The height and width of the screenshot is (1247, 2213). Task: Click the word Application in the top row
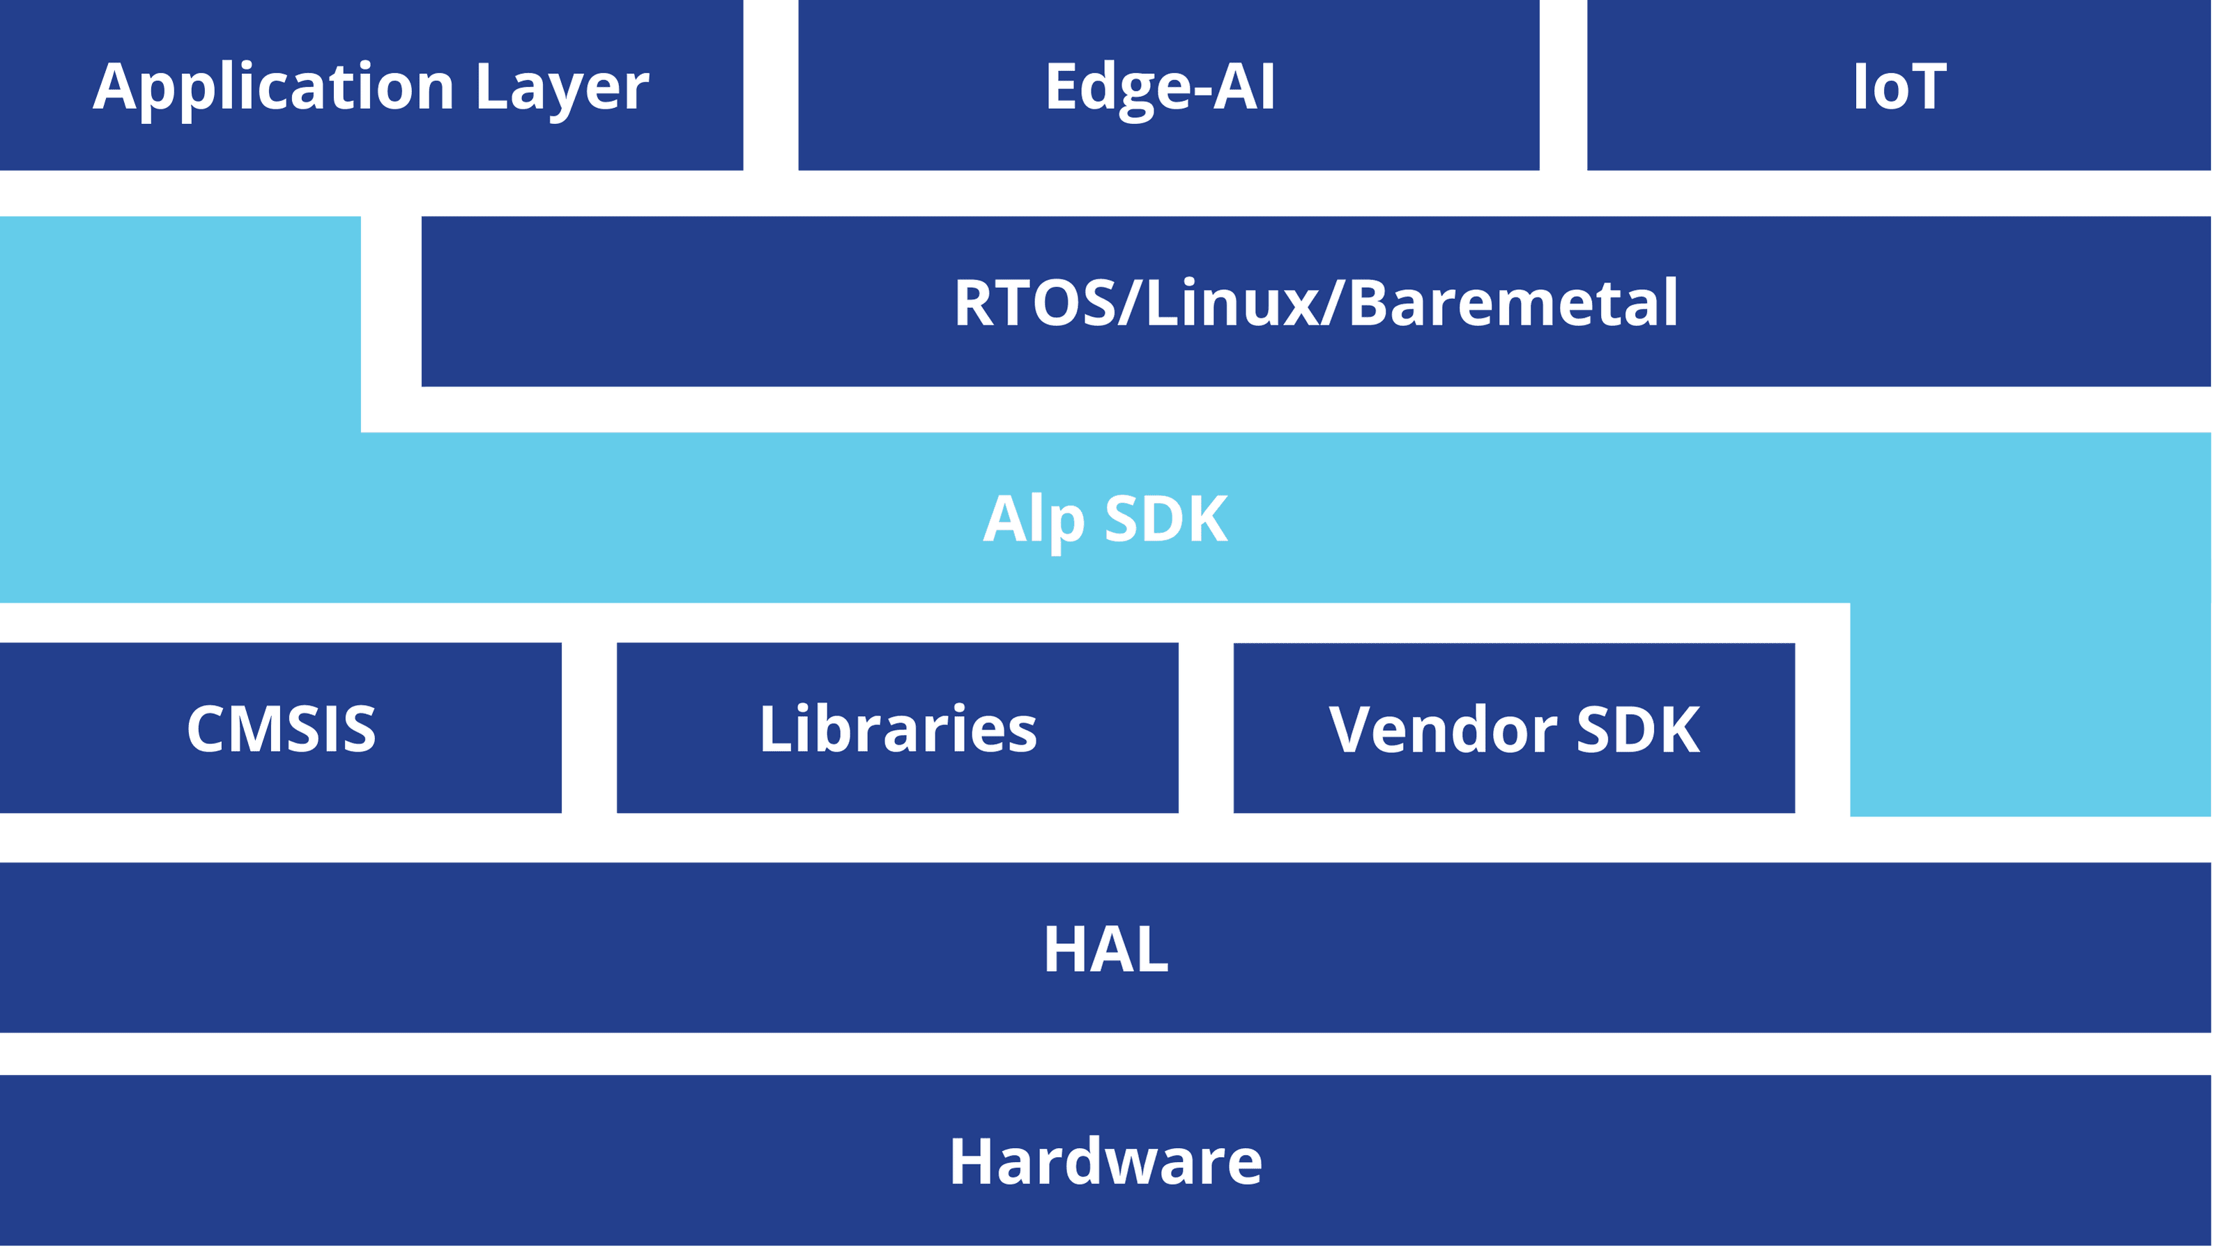tap(273, 88)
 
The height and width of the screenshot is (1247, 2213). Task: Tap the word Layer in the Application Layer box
tap(562, 88)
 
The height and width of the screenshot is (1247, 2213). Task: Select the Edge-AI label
tap(1160, 87)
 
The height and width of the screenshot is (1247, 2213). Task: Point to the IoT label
tap(1899, 87)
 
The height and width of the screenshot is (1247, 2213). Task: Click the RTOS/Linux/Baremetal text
tap(1315, 303)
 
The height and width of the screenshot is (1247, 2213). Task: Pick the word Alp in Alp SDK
tap(1034, 520)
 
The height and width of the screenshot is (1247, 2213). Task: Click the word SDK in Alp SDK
tap(1166, 519)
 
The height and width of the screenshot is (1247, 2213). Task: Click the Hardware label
tap(1105, 1161)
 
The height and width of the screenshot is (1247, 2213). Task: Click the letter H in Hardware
tap(972, 1161)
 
